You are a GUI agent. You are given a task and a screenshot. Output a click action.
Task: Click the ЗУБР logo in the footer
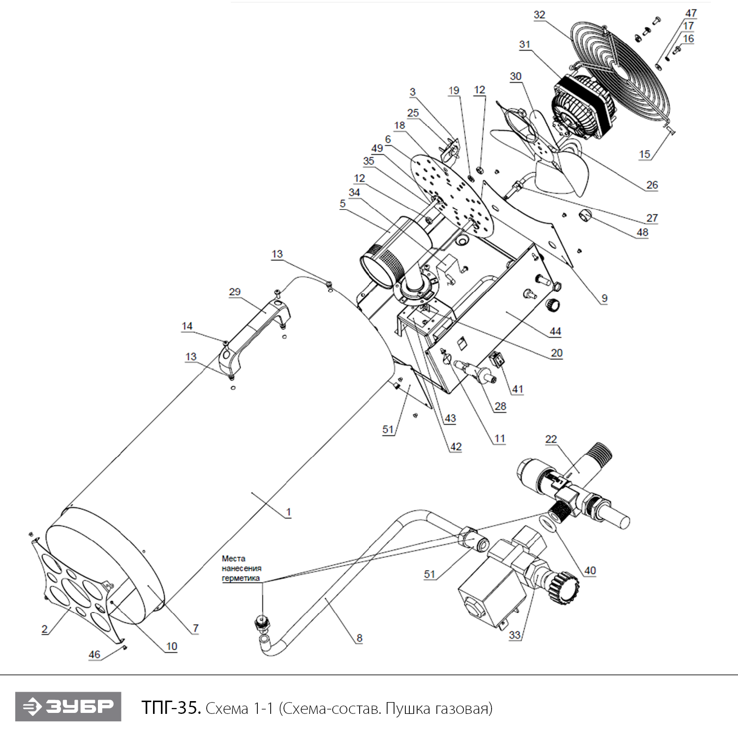point(68,707)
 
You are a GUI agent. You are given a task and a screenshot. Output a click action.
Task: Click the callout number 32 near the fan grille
point(539,15)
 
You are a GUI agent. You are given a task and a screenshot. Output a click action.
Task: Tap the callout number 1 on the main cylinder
point(288,512)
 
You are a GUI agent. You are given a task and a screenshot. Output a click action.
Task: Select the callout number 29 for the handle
point(235,292)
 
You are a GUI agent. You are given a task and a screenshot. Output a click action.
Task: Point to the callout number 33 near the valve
point(515,635)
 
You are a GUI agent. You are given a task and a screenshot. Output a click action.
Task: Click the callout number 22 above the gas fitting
point(551,439)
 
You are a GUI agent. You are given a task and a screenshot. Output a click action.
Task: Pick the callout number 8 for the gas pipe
point(359,638)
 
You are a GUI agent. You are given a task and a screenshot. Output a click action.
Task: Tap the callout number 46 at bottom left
point(94,654)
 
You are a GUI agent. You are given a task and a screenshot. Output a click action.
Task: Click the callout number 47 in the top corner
point(691,13)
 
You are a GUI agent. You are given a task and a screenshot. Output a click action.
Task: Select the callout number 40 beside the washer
point(590,570)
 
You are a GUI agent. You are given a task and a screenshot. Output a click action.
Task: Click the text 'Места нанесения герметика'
point(241,568)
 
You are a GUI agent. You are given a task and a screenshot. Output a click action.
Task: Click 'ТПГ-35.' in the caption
point(171,707)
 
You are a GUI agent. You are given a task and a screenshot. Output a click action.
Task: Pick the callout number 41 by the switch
point(518,389)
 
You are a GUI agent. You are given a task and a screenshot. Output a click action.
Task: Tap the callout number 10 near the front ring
point(171,646)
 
